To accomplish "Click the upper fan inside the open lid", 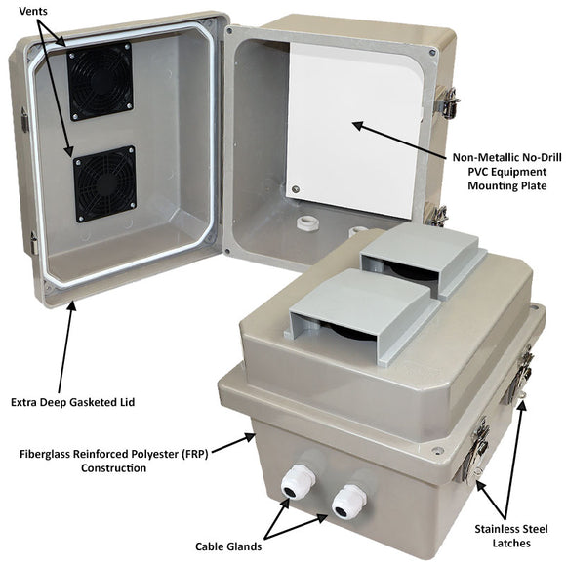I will [100, 83].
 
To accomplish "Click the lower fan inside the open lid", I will [104, 183].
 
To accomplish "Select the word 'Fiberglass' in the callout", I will [47, 453].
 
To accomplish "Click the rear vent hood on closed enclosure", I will [421, 257].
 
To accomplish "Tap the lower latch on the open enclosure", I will [440, 214].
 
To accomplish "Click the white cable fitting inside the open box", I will [308, 223].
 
